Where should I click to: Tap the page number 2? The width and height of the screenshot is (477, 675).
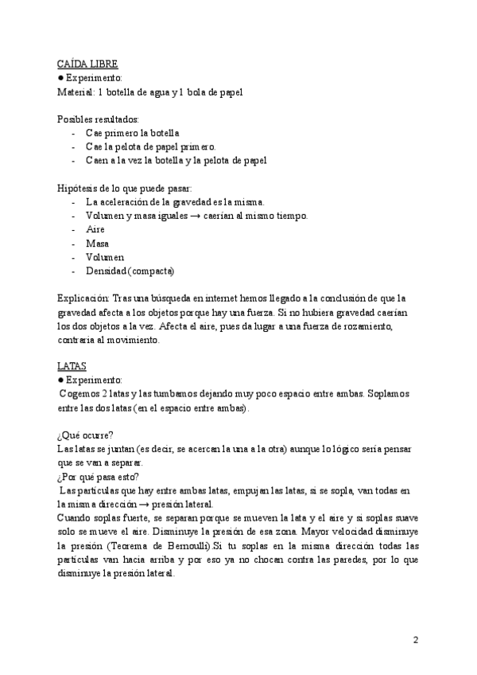tap(417, 641)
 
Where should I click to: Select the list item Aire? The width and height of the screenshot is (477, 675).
tap(95, 229)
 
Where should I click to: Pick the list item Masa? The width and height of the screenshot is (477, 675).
tap(97, 244)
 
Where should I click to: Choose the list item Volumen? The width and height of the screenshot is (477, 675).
tap(105, 258)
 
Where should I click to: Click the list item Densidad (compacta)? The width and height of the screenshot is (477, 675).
tap(130, 271)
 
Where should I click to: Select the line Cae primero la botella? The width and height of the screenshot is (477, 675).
tap(132, 133)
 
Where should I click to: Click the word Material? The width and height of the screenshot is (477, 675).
tap(76, 92)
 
